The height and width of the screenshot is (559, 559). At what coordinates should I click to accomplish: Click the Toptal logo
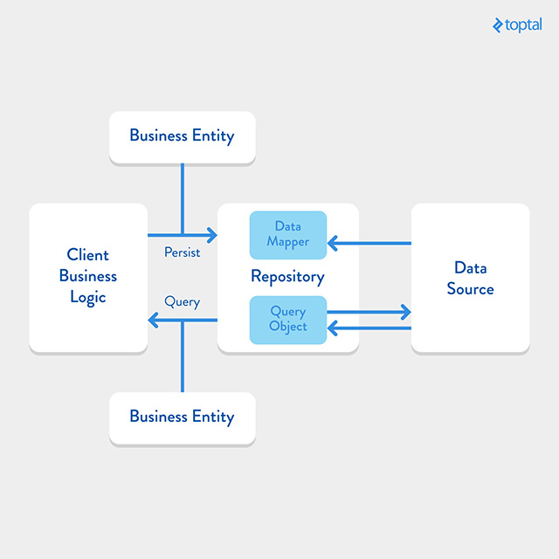click(x=517, y=25)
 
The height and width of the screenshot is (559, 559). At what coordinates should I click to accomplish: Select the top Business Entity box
click(x=183, y=138)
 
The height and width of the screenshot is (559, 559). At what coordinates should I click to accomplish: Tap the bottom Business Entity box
click(x=183, y=418)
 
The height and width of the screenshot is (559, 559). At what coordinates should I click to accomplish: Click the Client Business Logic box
click(x=88, y=278)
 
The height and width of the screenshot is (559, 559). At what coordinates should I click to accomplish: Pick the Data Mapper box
click(x=288, y=235)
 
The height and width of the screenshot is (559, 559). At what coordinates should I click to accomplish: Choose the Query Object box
click(x=288, y=320)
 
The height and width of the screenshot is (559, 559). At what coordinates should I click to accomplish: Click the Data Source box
click(x=470, y=278)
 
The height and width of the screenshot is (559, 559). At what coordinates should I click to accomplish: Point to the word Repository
click(x=287, y=277)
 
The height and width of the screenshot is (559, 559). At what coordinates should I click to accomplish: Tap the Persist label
click(x=183, y=252)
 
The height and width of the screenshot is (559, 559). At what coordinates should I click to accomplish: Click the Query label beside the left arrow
click(x=183, y=302)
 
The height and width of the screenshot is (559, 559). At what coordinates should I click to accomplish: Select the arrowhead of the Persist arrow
click(x=212, y=235)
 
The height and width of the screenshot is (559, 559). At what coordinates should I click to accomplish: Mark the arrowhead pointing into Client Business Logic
click(x=153, y=320)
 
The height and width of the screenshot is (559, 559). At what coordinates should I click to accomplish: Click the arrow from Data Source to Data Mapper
click(x=369, y=243)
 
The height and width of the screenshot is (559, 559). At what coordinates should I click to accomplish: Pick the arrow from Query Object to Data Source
click(x=369, y=312)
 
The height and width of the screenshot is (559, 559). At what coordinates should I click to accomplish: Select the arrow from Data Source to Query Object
click(x=369, y=328)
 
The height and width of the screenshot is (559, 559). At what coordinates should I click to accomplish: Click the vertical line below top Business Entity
click(x=183, y=199)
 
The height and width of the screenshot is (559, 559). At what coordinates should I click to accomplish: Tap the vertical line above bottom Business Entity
click(x=183, y=356)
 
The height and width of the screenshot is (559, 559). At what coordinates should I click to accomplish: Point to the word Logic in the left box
click(x=88, y=298)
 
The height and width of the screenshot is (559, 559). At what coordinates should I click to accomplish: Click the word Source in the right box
click(x=470, y=289)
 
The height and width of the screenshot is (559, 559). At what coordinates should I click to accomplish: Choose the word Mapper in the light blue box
click(x=288, y=242)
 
